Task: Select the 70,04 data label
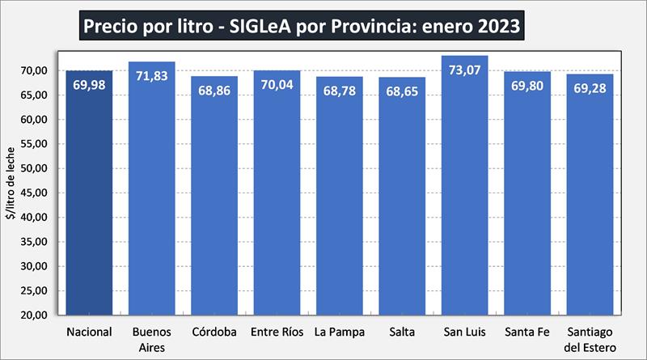tap(277, 83)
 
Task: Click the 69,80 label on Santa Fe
tap(527, 83)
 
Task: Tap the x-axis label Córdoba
tap(214, 332)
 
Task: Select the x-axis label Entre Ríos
tap(277, 332)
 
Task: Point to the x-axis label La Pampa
tap(339, 332)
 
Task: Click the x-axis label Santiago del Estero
tap(590, 338)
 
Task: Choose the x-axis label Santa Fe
tap(527, 332)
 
